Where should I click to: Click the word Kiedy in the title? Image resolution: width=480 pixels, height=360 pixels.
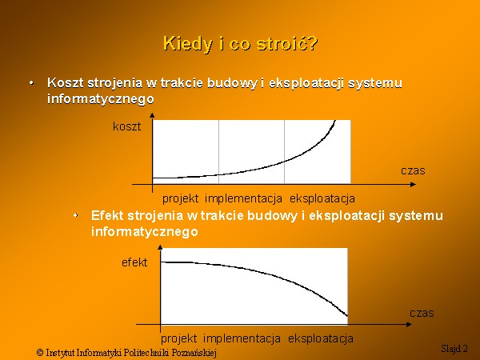[187, 43]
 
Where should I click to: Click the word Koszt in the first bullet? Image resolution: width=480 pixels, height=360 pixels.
[66, 82]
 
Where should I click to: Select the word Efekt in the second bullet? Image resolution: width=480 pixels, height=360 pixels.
[107, 215]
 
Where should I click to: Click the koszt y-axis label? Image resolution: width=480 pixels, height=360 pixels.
[126, 126]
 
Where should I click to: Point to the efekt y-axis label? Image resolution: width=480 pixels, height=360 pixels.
[134, 262]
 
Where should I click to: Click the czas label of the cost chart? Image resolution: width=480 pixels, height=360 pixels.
[413, 171]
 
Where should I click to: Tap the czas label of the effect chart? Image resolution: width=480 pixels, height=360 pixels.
[422, 313]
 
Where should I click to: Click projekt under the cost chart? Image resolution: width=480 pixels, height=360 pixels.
[180, 199]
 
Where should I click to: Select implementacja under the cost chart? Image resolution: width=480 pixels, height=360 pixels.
[243, 198]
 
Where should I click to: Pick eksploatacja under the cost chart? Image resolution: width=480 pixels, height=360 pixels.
[322, 198]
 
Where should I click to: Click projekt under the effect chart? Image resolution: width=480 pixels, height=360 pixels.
[178, 339]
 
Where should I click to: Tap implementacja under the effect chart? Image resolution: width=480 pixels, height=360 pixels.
[242, 338]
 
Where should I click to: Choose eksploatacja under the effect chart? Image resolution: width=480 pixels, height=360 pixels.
[321, 338]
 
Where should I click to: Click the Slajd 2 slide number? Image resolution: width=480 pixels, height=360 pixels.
[454, 348]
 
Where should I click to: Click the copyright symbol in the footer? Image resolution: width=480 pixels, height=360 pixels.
[40, 352]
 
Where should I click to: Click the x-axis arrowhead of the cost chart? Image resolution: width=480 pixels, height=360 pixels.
[414, 184]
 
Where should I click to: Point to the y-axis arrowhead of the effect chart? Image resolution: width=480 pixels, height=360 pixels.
[160, 246]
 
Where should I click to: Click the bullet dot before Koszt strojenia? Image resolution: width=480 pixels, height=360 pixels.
[31, 82]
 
